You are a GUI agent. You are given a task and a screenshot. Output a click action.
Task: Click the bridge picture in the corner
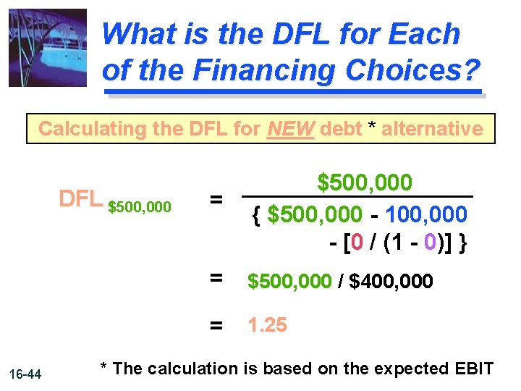click(47, 48)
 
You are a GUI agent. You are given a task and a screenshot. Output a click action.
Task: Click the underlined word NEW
click(291, 129)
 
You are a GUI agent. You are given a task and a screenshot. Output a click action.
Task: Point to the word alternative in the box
click(432, 129)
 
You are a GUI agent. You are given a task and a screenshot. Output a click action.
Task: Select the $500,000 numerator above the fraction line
click(365, 182)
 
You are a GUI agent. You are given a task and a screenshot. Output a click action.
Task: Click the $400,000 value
click(391, 281)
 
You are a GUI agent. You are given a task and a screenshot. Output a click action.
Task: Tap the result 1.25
click(267, 325)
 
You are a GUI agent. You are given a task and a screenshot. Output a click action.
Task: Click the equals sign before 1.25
click(216, 327)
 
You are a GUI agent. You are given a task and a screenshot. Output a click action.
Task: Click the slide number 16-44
click(27, 374)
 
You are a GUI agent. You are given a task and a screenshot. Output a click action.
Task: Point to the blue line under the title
click(293, 92)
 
